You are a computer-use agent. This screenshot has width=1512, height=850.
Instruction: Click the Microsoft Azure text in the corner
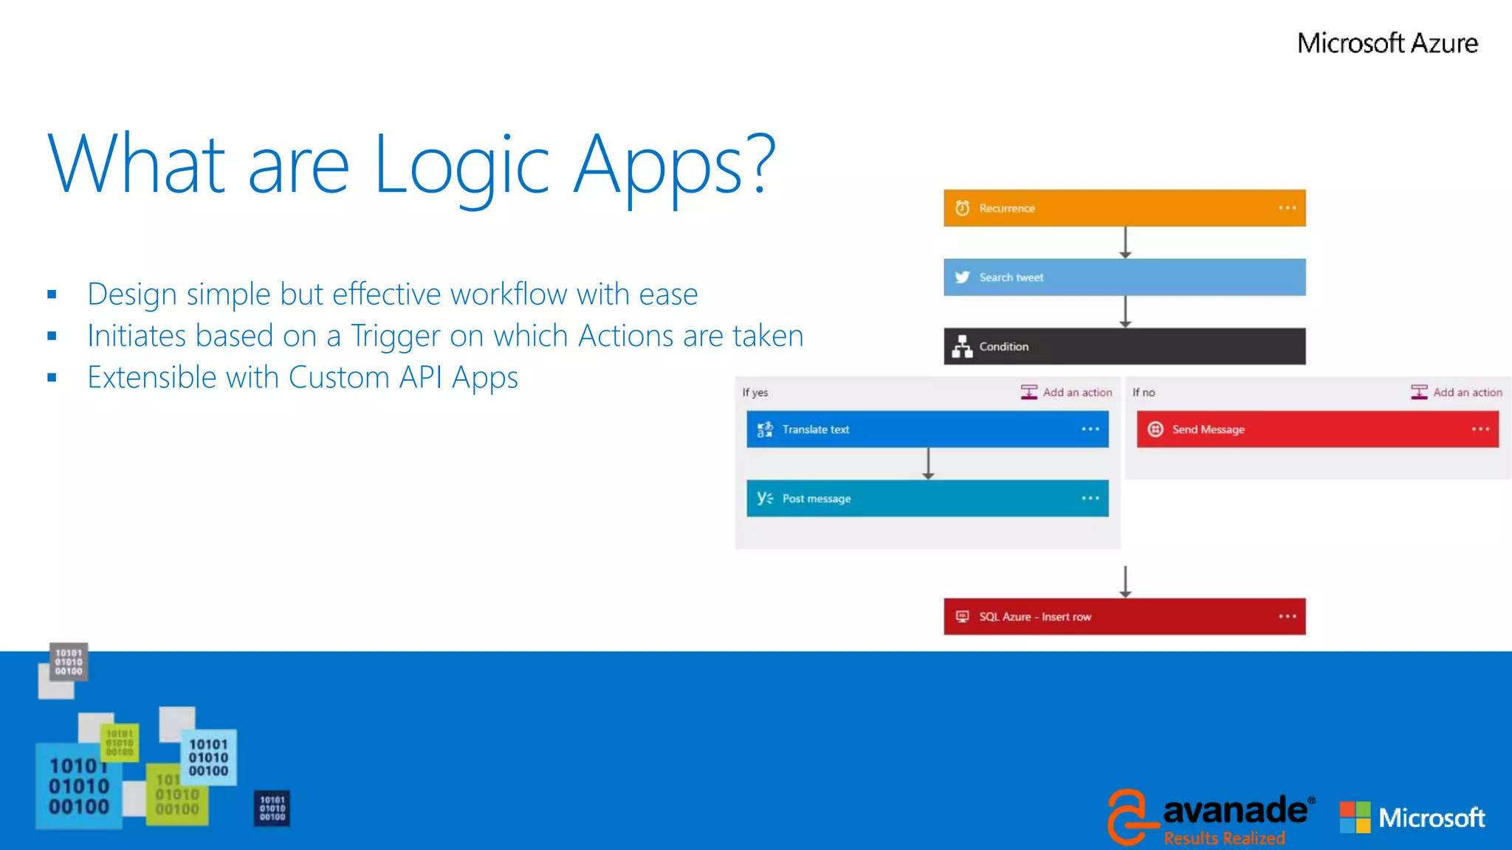pyautogui.click(x=1387, y=44)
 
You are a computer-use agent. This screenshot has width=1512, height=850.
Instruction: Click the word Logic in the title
pyautogui.click(x=462, y=166)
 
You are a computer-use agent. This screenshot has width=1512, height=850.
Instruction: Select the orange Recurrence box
pyautogui.click(x=1124, y=208)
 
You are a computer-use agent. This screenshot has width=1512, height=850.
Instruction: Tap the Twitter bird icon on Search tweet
pyautogui.click(x=962, y=277)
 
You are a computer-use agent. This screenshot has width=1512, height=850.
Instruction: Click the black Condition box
pyautogui.click(x=1124, y=346)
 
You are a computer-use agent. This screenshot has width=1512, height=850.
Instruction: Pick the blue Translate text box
pyautogui.click(x=927, y=429)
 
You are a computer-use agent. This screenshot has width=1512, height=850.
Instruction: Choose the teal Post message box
pyautogui.click(x=927, y=499)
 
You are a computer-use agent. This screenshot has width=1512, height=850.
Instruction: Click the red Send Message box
pyautogui.click(x=1317, y=429)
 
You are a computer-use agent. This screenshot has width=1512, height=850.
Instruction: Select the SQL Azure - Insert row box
pyautogui.click(x=1124, y=617)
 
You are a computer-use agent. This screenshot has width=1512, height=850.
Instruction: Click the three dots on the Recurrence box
pyautogui.click(x=1288, y=208)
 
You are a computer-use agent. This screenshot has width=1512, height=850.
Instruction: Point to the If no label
pyautogui.click(x=1144, y=393)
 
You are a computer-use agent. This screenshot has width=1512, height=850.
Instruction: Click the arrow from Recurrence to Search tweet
pyautogui.click(x=1125, y=242)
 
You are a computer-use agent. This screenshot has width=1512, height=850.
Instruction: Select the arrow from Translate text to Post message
pyautogui.click(x=929, y=463)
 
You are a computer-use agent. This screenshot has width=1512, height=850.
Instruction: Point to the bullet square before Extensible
pyautogui.click(x=52, y=378)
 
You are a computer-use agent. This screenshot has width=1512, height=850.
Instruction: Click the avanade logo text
pyautogui.click(x=1234, y=811)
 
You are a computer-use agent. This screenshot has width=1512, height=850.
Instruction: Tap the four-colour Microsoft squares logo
pyautogui.click(x=1355, y=818)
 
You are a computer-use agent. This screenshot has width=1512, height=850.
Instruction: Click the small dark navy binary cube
pyautogui.click(x=272, y=809)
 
